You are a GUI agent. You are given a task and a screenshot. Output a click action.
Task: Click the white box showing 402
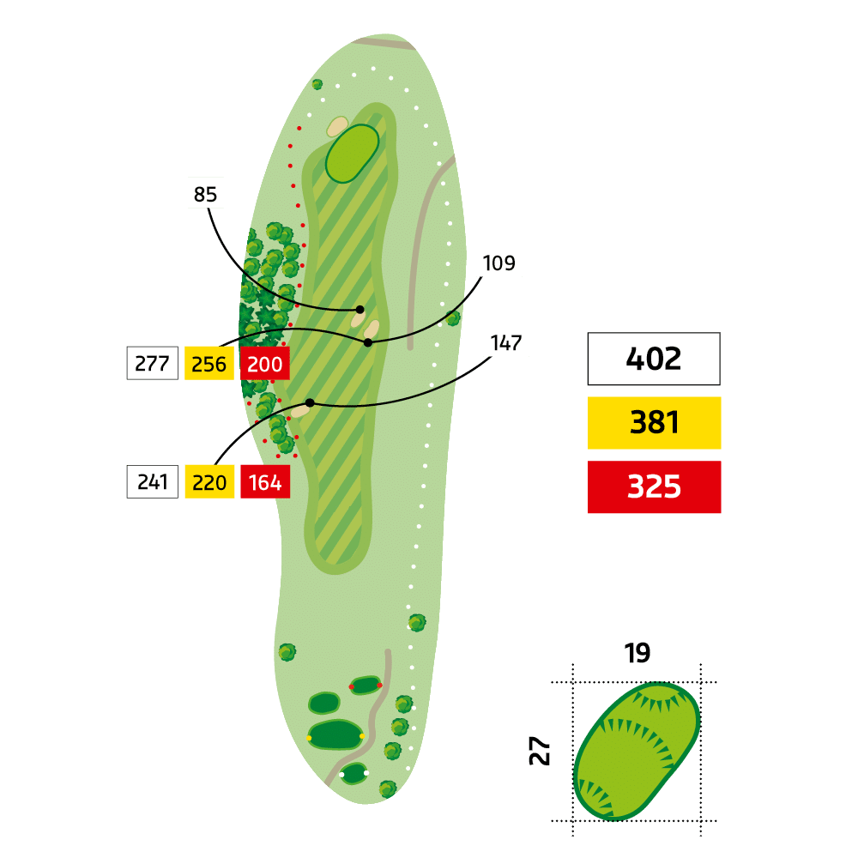coord(653,359)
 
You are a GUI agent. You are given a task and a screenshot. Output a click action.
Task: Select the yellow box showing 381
coord(654,422)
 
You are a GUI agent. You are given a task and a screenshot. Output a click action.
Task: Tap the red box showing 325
coord(654,486)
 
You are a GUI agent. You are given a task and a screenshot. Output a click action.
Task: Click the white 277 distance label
coord(152,363)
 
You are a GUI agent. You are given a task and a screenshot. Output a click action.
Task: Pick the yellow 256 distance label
coord(209,363)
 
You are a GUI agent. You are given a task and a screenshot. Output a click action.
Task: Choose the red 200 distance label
coord(265,363)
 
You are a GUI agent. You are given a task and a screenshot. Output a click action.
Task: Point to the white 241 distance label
coord(152,481)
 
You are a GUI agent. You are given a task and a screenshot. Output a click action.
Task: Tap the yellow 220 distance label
coord(209,481)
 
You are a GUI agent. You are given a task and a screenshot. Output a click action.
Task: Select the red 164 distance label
coord(265,481)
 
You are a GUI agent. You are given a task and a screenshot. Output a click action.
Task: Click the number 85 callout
coord(205,194)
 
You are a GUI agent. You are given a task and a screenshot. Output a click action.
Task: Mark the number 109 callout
coord(498,263)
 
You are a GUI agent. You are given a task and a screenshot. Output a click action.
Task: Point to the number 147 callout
coord(506,343)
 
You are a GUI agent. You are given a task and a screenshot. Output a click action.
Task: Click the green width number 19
coord(637,653)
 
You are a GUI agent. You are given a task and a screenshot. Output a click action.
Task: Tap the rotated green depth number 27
coord(540,750)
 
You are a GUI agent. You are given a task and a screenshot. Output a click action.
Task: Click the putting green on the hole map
coord(352,154)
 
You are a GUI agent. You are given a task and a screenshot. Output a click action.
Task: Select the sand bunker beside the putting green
coord(337,126)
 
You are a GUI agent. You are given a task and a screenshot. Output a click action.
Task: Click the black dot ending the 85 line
coord(360,310)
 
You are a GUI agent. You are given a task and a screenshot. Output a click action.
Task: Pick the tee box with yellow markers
coord(335,734)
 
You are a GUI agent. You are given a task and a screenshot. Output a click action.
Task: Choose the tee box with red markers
coord(366,685)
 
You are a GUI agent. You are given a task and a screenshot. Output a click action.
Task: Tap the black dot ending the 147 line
coord(310,402)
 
